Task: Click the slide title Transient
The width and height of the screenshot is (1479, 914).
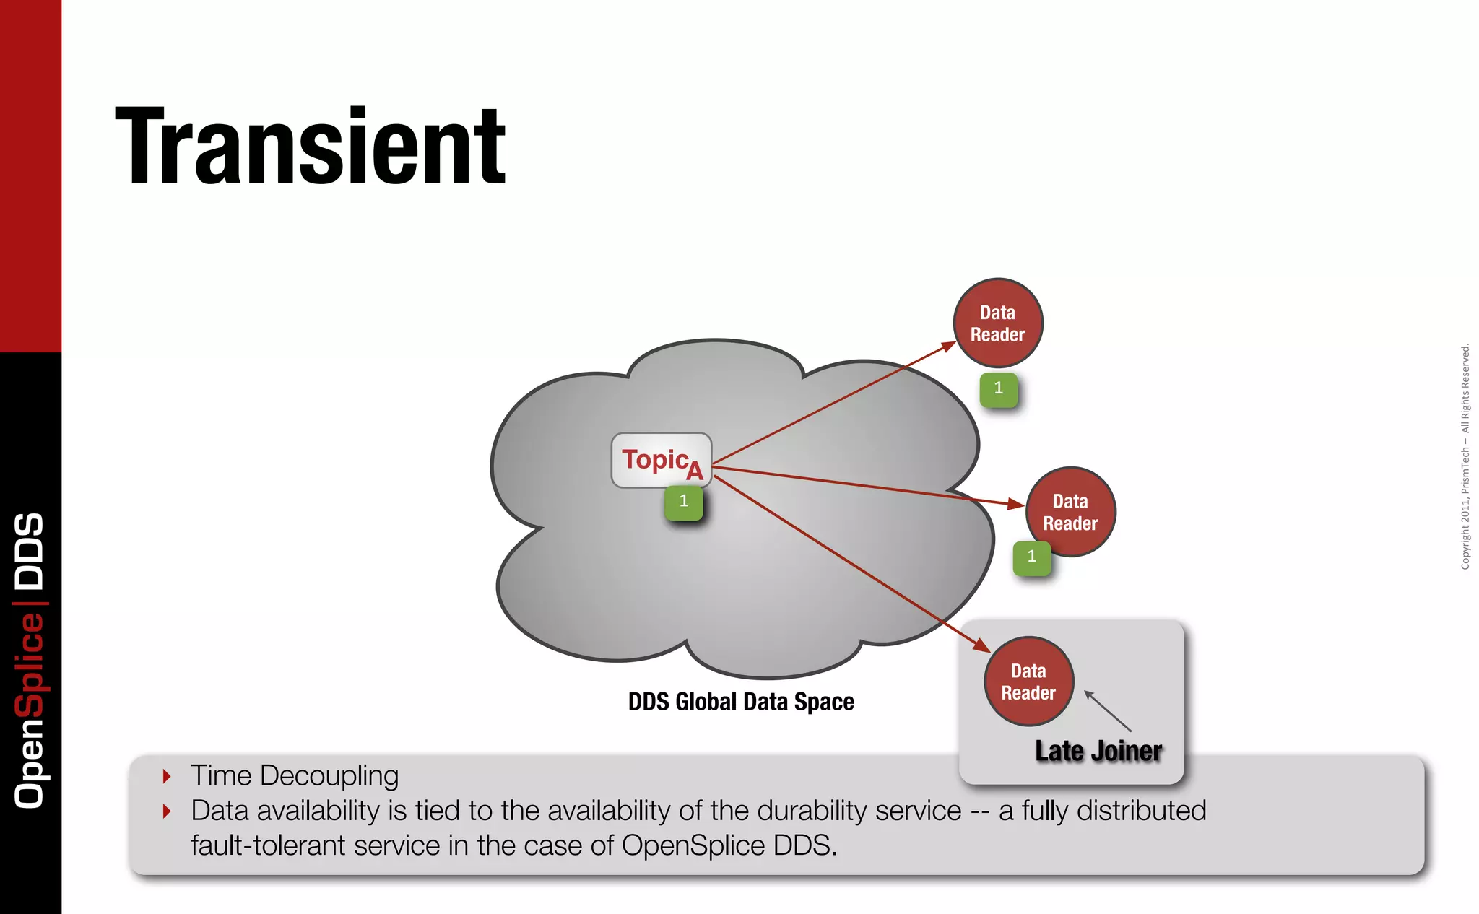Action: [x=311, y=147]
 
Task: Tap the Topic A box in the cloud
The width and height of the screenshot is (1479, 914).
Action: [x=662, y=460]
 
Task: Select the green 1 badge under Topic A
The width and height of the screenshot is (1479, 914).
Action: [x=683, y=502]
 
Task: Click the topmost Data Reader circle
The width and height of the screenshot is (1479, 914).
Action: [x=998, y=323]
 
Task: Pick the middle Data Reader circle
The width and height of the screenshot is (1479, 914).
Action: [x=1071, y=512]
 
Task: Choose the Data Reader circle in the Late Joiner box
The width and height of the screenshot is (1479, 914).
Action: [x=1029, y=682]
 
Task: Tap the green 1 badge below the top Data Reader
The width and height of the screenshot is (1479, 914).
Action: [x=999, y=389]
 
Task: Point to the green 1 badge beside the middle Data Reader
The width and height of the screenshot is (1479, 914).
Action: [x=1031, y=557]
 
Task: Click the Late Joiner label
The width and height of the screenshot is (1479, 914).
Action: [x=1098, y=751]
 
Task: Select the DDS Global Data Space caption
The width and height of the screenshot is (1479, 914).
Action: [x=741, y=702]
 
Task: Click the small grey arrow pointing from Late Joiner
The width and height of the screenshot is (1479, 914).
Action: [x=1107, y=710]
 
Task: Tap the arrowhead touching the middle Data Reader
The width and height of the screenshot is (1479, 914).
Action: [x=1016, y=503]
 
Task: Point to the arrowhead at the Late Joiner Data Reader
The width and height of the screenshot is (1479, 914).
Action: [x=981, y=645]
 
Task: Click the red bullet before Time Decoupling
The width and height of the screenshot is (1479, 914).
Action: [x=167, y=777]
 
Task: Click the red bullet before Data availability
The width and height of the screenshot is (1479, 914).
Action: [x=167, y=811]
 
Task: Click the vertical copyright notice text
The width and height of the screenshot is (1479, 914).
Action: [x=1465, y=456]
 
